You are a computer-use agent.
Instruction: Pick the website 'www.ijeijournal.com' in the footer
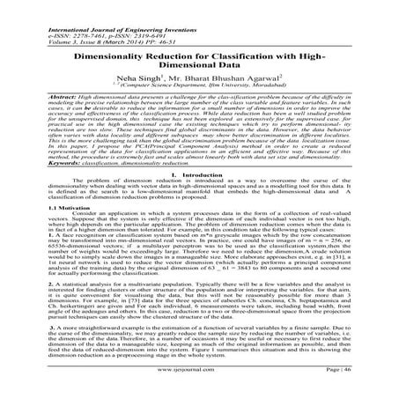[200, 387]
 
